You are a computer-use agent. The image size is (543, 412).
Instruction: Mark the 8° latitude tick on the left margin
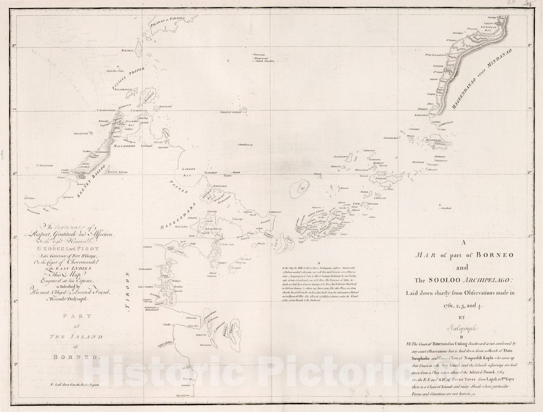coord(15,46)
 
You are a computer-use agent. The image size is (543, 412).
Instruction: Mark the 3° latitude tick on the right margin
coord(529,364)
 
